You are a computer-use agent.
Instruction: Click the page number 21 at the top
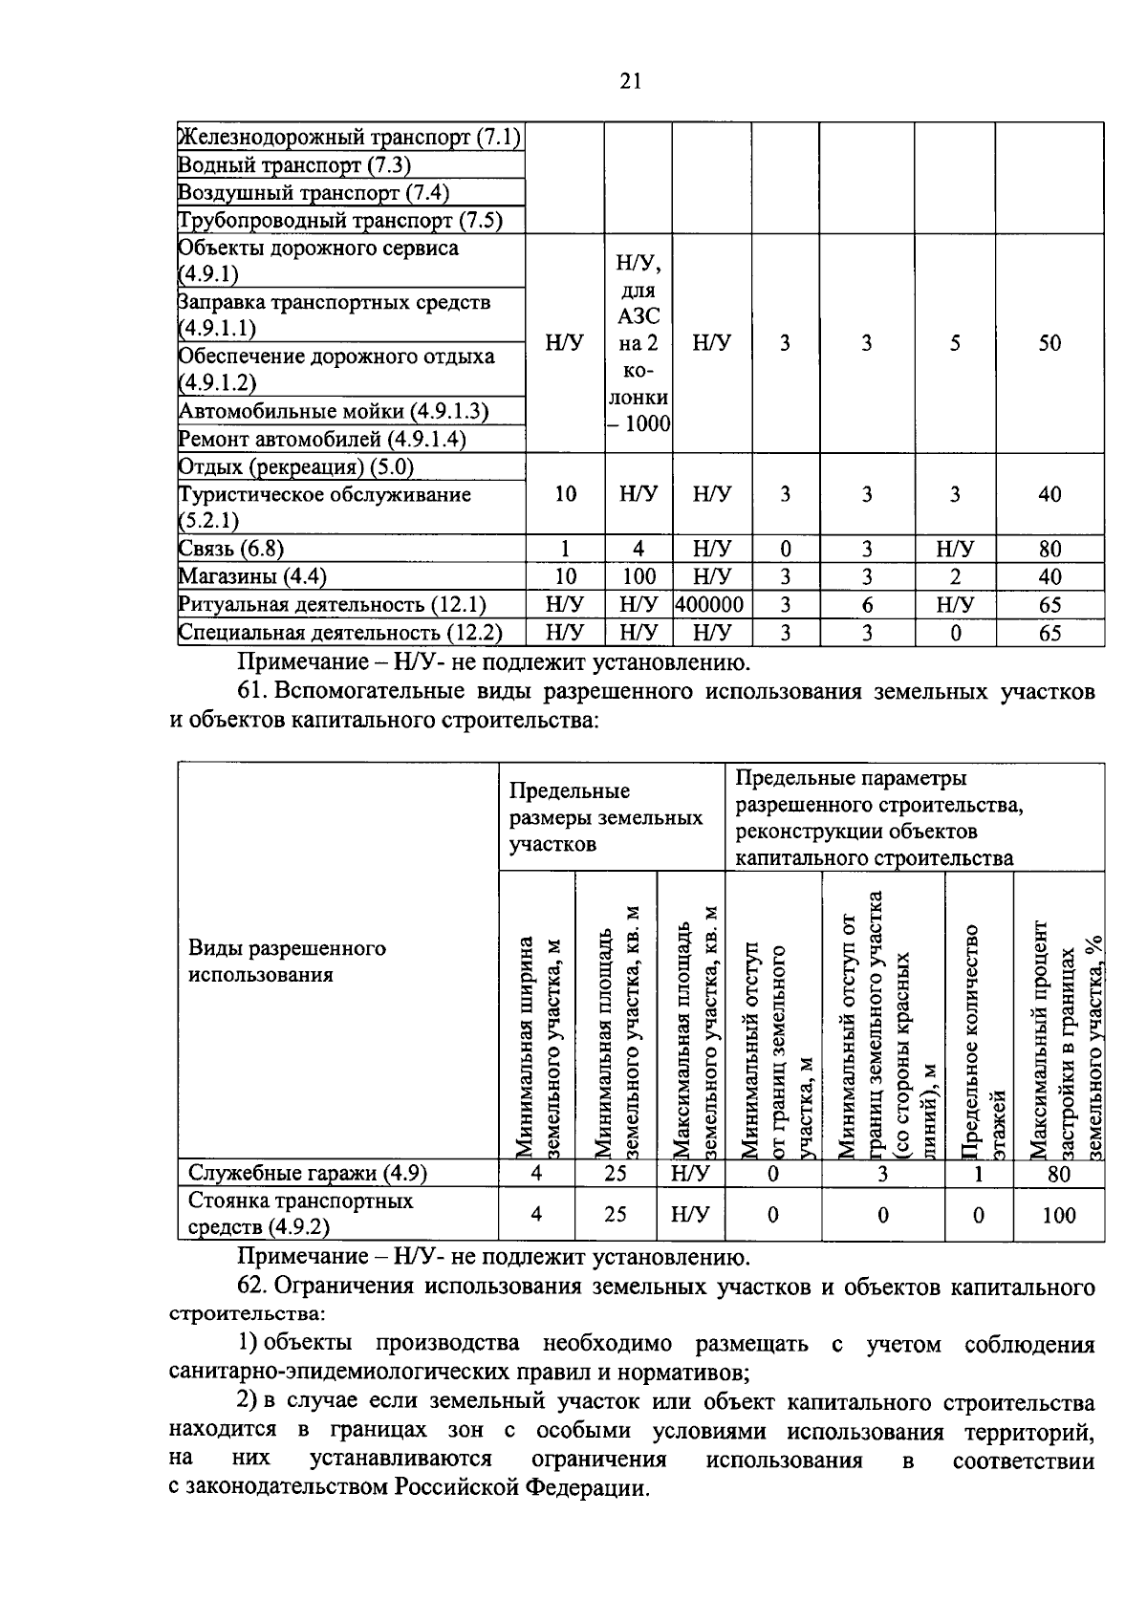(630, 81)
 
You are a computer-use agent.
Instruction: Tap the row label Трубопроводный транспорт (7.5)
(340, 221)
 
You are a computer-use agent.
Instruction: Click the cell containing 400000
(711, 605)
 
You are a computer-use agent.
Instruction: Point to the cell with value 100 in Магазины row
(638, 576)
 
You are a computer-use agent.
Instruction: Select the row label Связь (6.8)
(231, 549)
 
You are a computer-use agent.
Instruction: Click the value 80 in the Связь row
(1050, 549)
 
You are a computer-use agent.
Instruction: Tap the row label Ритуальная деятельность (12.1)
(333, 605)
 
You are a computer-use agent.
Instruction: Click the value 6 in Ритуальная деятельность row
(866, 605)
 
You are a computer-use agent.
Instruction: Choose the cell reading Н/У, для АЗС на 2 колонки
(638, 342)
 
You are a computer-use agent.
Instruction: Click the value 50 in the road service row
(1050, 343)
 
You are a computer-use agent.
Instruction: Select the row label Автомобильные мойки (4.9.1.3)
(334, 412)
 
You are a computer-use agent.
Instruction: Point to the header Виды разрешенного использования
(287, 961)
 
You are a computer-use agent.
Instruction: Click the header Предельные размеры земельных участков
(605, 817)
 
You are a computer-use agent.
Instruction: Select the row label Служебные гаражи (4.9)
(307, 1173)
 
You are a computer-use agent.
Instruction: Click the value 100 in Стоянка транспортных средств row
(1058, 1215)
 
